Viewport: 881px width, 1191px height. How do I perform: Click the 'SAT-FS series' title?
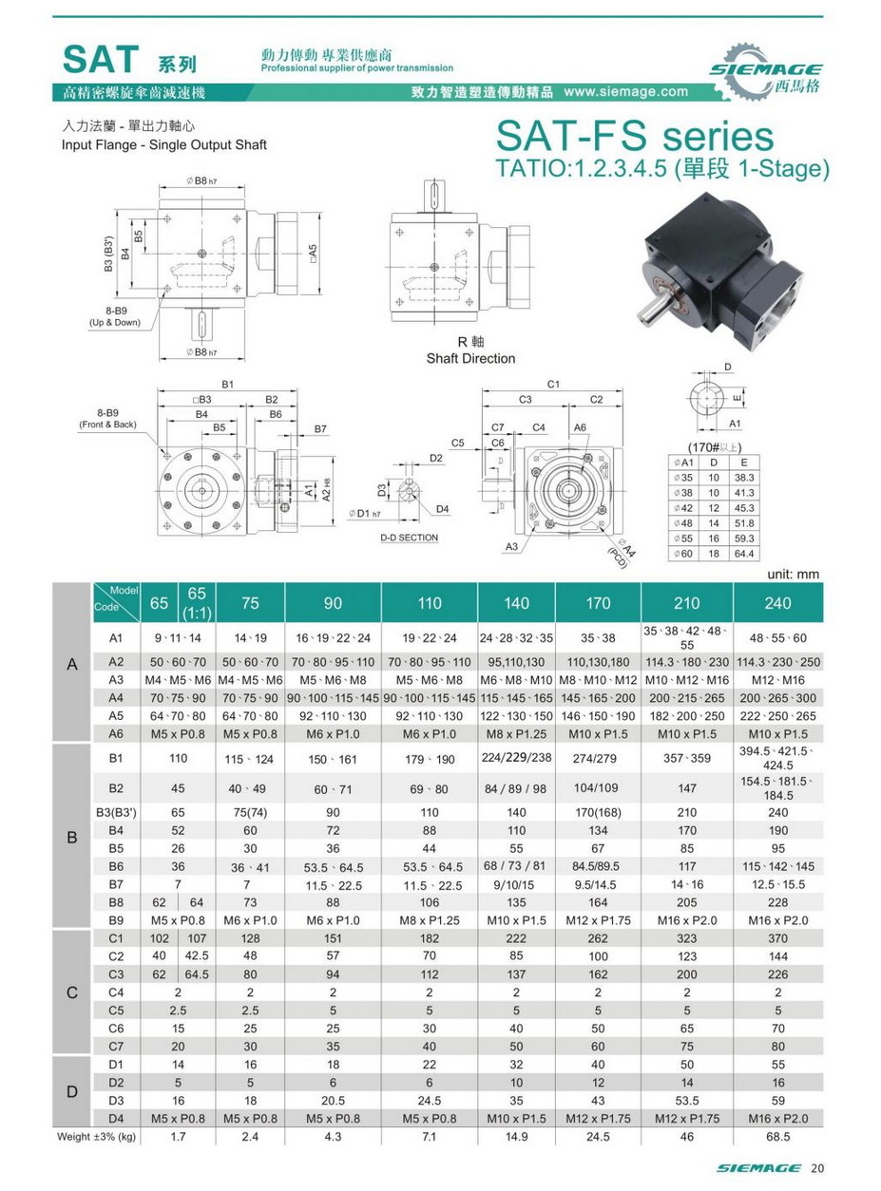(635, 138)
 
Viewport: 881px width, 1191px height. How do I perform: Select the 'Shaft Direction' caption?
(470, 358)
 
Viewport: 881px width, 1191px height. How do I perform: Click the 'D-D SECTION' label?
(409, 538)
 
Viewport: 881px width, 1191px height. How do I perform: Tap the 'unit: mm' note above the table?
(792, 575)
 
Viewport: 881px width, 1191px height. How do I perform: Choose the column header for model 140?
(517, 602)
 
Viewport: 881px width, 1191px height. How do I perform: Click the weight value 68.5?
(778, 1135)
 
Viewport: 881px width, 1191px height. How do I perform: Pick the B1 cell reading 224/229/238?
(517, 757)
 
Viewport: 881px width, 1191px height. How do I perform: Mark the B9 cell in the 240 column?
(778, 919)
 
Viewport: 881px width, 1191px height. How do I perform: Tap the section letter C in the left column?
(71, 993)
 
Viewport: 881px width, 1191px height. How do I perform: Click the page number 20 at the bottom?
(818, 1168)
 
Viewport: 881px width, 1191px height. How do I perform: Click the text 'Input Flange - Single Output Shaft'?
(164, 145)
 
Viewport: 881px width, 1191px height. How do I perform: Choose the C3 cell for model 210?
(686, 974)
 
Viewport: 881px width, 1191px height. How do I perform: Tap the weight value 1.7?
(177, 1135)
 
